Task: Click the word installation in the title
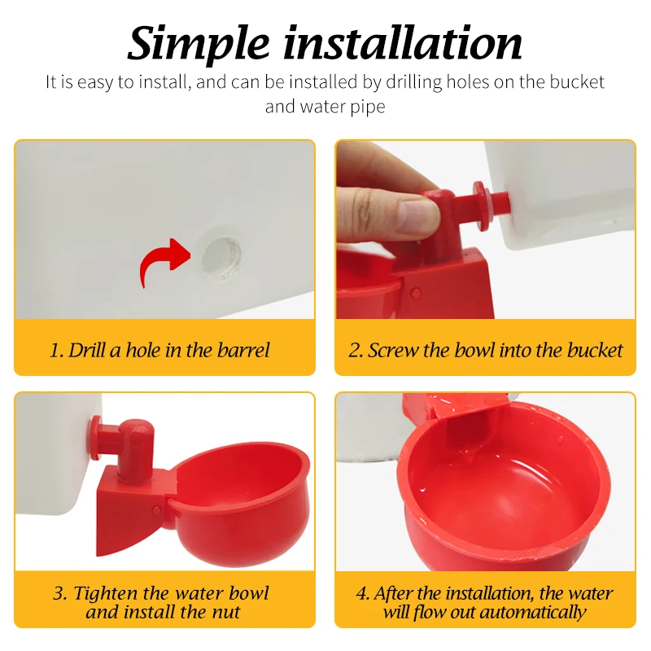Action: point(402,43)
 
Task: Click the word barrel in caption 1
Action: point(243,350)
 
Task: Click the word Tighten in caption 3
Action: point(106,594)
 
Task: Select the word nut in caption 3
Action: point(226,613)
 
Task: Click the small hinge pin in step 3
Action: point(157,509)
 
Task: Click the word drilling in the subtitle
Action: point(413,83)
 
